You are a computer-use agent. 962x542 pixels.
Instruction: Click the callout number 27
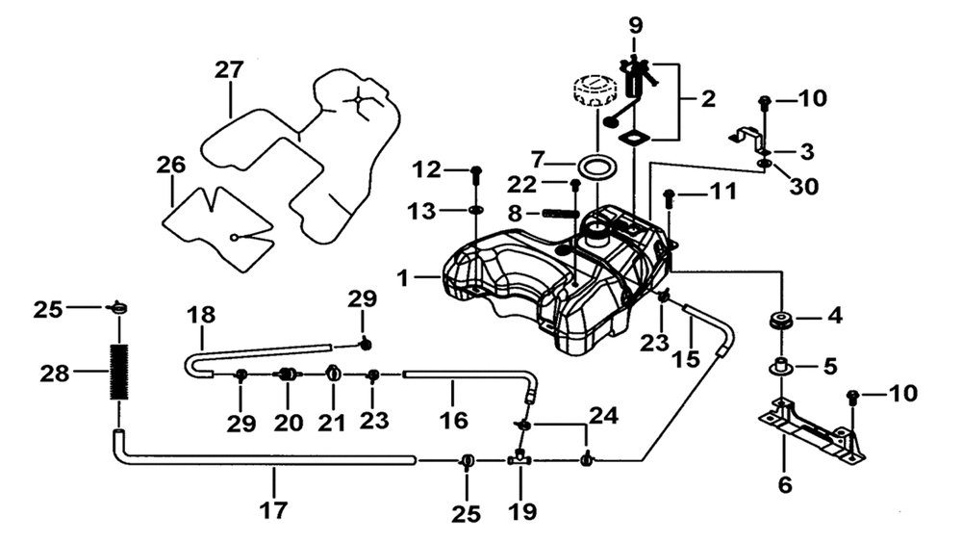click(x=229, y=69)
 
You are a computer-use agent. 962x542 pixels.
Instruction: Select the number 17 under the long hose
click(x=273, y=509)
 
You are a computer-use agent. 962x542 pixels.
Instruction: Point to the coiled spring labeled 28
click(x=119, y=372)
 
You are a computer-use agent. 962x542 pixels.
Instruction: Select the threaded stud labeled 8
click(x=560, y=214)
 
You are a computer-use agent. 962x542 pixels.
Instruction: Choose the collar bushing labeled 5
click(x=781, y=367)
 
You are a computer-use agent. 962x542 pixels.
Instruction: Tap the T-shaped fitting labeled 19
click(x=519, y=459)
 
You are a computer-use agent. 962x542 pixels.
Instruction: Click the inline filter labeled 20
click(x=287, y=374)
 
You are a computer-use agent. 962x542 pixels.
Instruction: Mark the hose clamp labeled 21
click(x=333, y=374)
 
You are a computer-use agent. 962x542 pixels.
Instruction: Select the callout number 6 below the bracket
click(x=785, y=484)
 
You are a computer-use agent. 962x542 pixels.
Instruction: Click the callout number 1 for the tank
click(x=402, y=278)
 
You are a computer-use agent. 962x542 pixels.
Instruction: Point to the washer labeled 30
click(x=765, y=164)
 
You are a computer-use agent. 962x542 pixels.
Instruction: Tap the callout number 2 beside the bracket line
click(x=708, y=98)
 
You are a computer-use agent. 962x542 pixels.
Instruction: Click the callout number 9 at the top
click(x=636, y=26)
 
